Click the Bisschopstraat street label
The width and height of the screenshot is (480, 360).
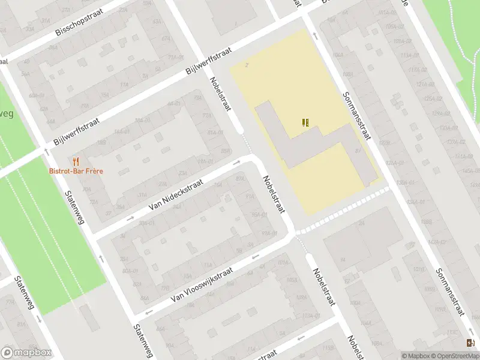click(x=79, y=22)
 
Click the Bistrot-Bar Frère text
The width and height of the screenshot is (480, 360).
click(x=76, y=171)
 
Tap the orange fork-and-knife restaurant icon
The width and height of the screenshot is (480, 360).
click(x=76, y=161)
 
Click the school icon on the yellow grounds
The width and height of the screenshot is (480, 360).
click(x=306, y=122)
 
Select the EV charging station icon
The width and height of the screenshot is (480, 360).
click(x=469, y=343)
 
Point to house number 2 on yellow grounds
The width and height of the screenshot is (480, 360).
click(x=247, y=65)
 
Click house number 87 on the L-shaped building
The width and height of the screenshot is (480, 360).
click(x=358, y=151)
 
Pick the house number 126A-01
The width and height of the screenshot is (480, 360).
click(x=394, y=163)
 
